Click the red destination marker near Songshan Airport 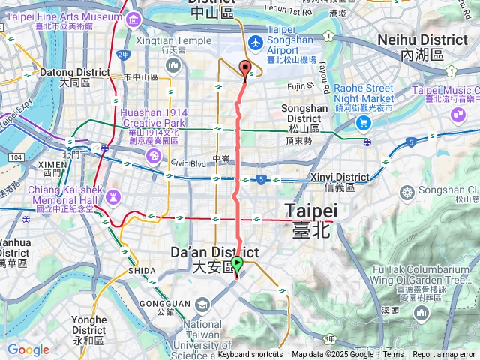(x=245, y=70)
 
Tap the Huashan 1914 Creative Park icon (x=153, y=156)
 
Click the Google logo (x=28, y=349)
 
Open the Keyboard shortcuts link (x=250, y=355)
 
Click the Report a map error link (x=445, y=355)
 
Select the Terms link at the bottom (x=393, y=355)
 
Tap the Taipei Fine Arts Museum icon (x=133, y=19)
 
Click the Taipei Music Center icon (x=456, y=113)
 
